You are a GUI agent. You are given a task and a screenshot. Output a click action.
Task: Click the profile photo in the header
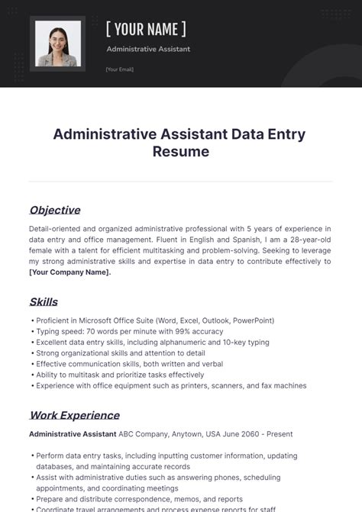(x=58, y=43)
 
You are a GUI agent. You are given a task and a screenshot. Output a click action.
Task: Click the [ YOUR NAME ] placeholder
(x=146, y=30)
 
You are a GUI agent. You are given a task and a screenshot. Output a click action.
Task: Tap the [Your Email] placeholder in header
(x=119, y=69)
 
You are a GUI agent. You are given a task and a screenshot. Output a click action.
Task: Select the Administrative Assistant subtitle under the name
(x=148, y=50)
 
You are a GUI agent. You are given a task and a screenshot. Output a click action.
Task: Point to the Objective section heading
(x=54, y=210)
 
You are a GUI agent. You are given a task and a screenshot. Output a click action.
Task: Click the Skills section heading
(x=44, y=301)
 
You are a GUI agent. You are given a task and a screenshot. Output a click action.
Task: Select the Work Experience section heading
(x=74, y=415)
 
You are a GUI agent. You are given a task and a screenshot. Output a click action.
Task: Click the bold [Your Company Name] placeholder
(x=69, y=272)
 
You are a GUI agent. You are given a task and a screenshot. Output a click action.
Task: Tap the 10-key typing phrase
(x=245, y=343)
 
